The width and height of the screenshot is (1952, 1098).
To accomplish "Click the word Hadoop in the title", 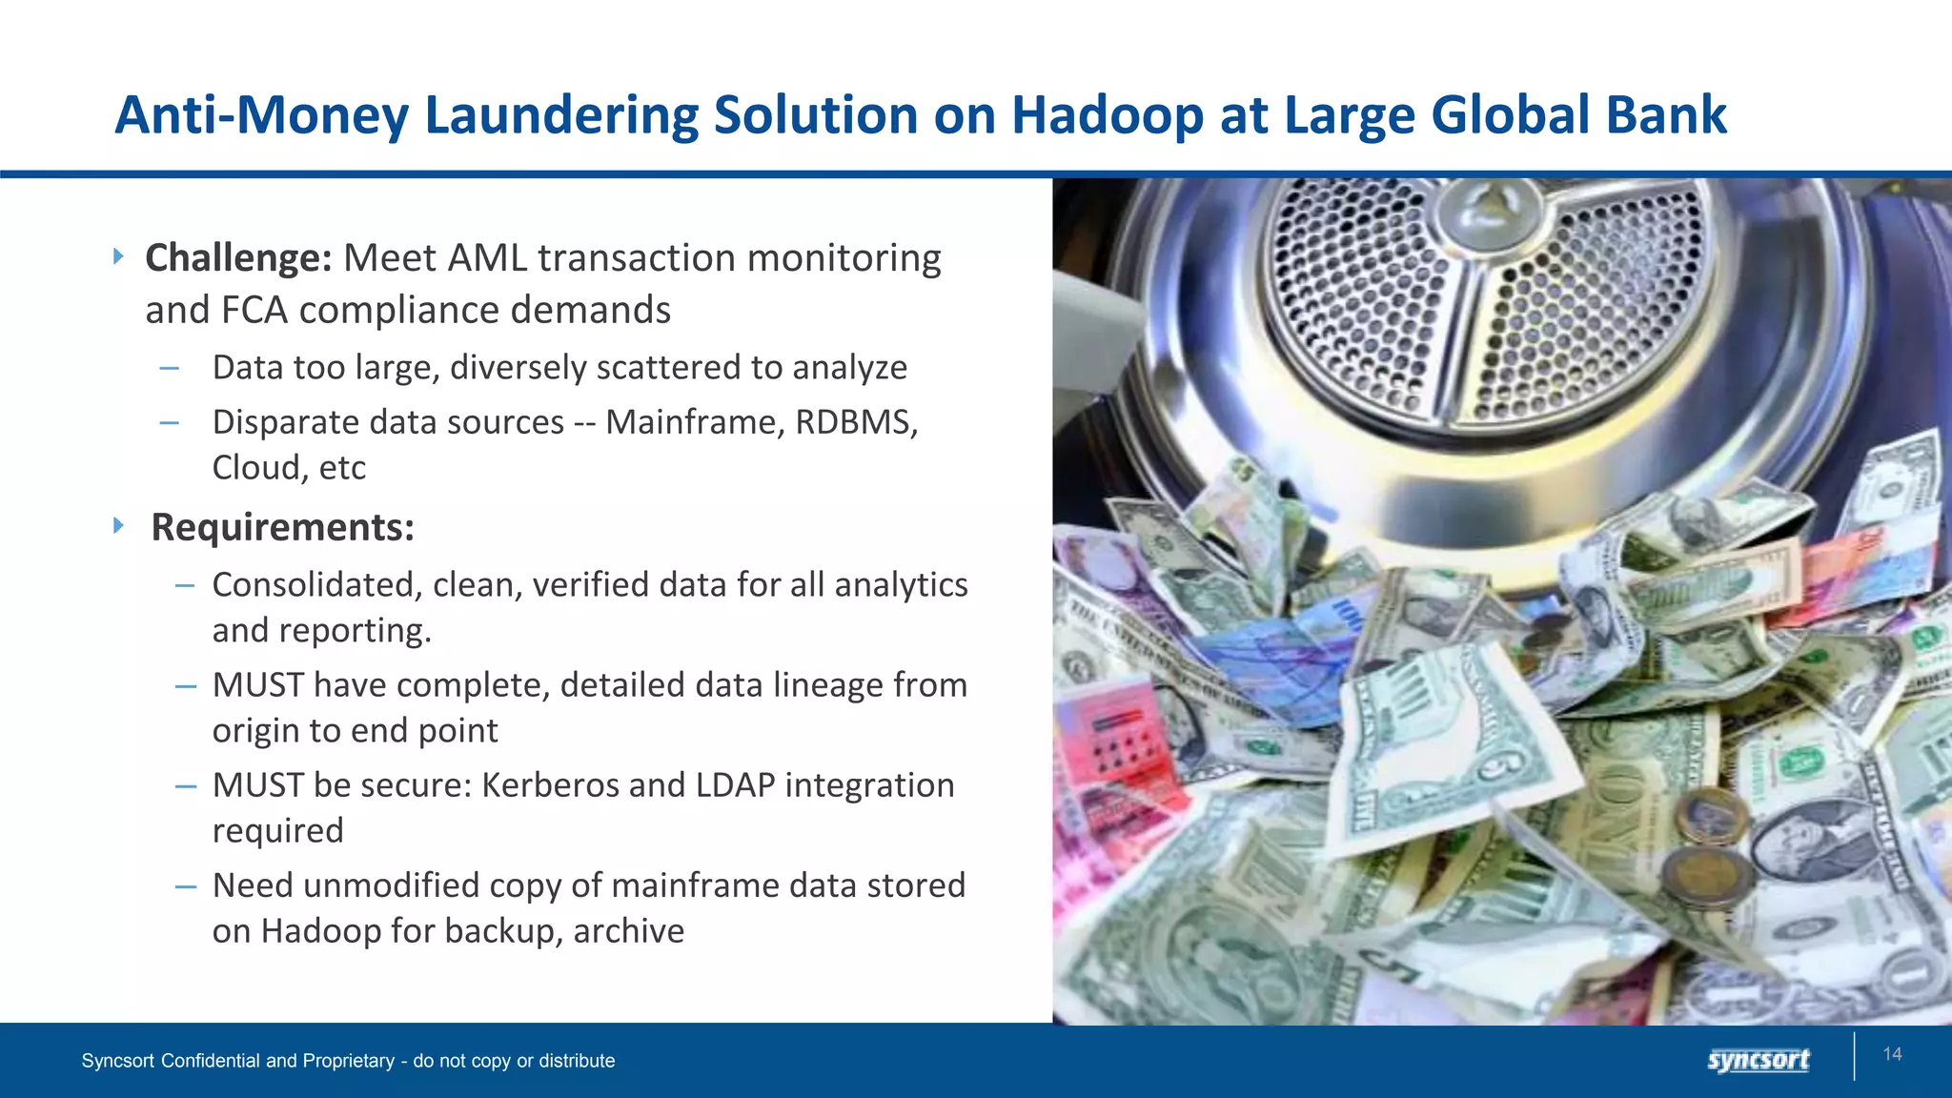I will click(x=1106, y=116).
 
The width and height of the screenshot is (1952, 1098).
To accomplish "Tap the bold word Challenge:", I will click(x=238, y=258).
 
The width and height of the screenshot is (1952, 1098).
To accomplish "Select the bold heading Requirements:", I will click(x=283, y=527).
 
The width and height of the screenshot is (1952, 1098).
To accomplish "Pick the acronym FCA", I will click(x=254, y=311).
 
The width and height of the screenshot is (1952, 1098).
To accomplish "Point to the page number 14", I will click(x=1892, y=1054).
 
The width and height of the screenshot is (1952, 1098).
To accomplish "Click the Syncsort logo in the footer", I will click(x=1759, y=1060).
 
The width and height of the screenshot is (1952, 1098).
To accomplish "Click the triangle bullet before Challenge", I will click(x=118, y=256).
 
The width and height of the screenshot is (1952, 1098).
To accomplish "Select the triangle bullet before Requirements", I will click(x=118, y=525).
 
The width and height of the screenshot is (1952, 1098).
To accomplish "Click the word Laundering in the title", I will click(x=561, y=116).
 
